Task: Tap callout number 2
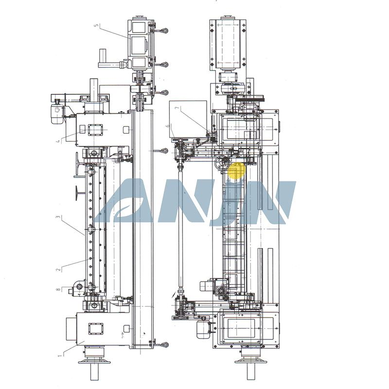(58, 269)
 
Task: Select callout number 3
(58, 217)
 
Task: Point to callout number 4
(58, 141)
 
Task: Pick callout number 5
(96, 26)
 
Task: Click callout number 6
(168, 126)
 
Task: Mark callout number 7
(177, 108)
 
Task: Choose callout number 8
(58, 289)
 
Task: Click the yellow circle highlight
(236, 171)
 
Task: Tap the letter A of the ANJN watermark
(124, 200)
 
